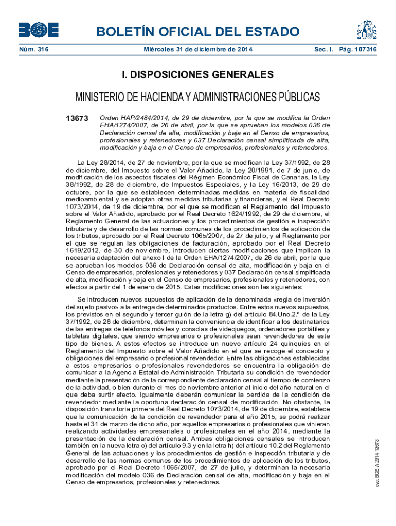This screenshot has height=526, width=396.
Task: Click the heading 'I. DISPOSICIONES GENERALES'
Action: (198, 75)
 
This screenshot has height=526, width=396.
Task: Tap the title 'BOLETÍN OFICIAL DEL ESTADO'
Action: (198, 32)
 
